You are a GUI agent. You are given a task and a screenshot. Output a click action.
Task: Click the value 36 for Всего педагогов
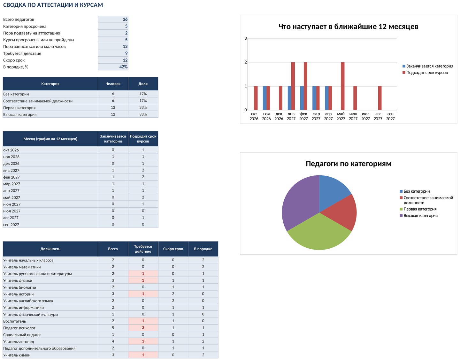click(x=125, y=19)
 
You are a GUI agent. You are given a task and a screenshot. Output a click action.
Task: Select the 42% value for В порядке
click(x=123, y=67)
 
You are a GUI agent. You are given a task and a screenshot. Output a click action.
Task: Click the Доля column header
click(x=143, y=84)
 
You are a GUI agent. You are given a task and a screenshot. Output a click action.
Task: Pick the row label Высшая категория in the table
click(x=20, y=115)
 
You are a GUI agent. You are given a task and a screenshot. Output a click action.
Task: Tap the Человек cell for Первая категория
click(x=113, y=108)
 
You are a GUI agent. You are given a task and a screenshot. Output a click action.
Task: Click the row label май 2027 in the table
click(x=11, y=197)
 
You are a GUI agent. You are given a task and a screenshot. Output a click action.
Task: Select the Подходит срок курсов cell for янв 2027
click(x=143, y=170)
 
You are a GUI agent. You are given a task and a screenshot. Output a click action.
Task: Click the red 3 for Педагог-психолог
click(x=143, y=328)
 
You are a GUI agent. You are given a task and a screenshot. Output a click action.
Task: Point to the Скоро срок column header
click(x=173, y=249)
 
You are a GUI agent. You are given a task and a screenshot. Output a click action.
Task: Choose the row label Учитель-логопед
click(x=19, y=341)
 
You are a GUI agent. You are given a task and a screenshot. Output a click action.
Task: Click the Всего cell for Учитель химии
click(x=113, y=355)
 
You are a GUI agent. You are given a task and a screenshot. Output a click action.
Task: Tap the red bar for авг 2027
click(x=380, y=98)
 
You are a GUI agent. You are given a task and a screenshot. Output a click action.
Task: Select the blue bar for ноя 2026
click(x=264, y=98)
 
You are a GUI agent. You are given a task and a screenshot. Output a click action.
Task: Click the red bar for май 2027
click(x=343, y=86)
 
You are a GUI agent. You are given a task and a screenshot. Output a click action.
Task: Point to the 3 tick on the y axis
click(x=246, y=38)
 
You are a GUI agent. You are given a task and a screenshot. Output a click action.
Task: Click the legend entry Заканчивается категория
click(x=428, y=66)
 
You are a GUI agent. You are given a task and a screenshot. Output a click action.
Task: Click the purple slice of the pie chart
click(x=301, y=204)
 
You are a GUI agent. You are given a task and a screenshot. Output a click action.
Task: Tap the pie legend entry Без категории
click(x=415, y=191)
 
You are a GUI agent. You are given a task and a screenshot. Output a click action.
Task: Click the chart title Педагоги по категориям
click(x=349, y=164)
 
